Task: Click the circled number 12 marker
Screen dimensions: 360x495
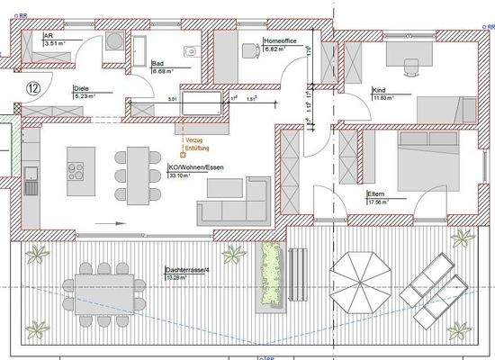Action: tap(32, 87)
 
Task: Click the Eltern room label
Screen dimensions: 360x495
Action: tap(376, 193)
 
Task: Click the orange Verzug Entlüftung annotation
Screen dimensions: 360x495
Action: tap(196, 145)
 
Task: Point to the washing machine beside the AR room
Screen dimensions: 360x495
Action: tap(116, 41)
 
